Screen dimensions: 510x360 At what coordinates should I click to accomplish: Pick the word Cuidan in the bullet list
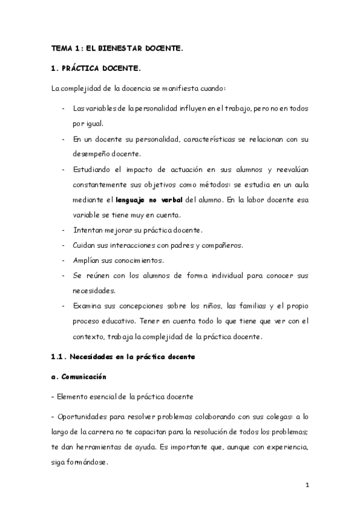tap(84, 245)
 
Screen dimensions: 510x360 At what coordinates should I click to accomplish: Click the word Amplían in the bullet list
tap(87, 260)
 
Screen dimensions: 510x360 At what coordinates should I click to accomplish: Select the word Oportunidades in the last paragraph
tap(85, 416)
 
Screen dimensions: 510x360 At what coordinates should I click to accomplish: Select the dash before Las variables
tap(64, 109)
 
